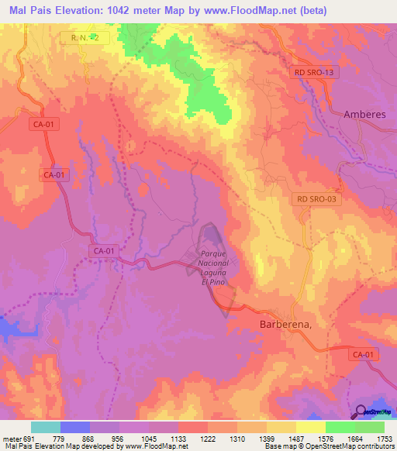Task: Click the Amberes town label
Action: click(364, 114)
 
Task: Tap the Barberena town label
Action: click(284, 325)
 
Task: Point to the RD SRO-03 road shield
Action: click(316, 199)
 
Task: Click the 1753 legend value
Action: click(383, 438)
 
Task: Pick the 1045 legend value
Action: click(147, 438)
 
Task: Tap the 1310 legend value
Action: click(236, 438)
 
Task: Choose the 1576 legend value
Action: click(325, 438)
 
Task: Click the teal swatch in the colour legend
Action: click(46, 427)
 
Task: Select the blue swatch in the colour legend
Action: click(75, 427)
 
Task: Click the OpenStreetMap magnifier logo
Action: click(361, 411)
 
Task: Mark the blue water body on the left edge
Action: click(11, 329)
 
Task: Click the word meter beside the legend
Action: click(9, 438)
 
